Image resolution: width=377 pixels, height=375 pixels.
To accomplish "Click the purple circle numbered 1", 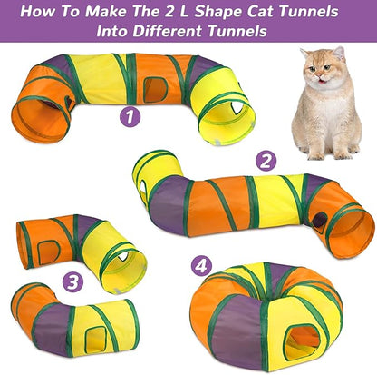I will click(130, 117).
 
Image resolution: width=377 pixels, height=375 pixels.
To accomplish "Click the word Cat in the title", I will click(270, 13).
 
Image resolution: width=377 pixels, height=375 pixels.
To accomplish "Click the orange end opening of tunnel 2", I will click(352, 231).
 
